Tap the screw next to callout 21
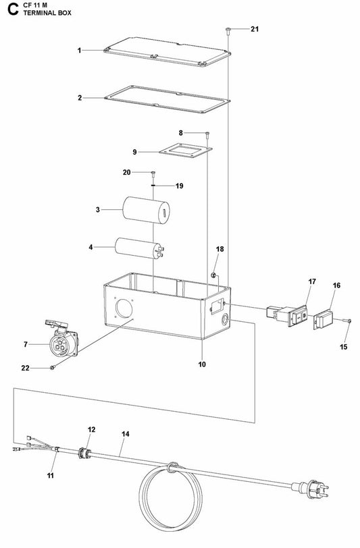point(228,30)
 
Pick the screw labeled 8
point(207,134)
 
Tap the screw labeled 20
point(154,173)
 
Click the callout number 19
point(161,186)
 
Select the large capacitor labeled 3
point(145,210)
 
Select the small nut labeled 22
point(52,367)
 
